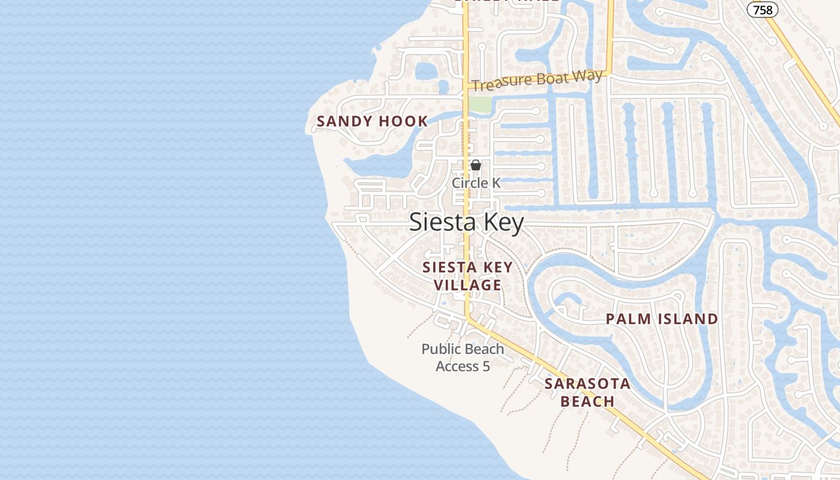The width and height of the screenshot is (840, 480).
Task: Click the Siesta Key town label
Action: coord(467,223)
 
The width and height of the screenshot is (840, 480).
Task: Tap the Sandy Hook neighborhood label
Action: coord(372,121)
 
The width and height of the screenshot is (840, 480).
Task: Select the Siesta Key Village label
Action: coord(467,276)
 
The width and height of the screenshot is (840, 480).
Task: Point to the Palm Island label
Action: coord(662,319)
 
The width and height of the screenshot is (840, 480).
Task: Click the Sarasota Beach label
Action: coord(587,392)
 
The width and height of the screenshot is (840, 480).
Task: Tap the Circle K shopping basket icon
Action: coord(476,165)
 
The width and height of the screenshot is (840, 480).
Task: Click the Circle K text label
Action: coord(476,183)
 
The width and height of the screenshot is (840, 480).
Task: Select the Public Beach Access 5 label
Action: coord(463,357)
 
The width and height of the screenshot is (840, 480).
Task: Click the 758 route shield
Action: coord(763,10)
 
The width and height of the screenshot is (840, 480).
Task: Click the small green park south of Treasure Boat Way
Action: coord(479,104)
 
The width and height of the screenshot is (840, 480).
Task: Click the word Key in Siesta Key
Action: coord(501,223)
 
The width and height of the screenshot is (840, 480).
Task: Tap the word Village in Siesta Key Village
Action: coord(467,285)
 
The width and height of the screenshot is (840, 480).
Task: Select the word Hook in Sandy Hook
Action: coord(403,121)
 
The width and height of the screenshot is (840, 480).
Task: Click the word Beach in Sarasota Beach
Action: coord(587,401)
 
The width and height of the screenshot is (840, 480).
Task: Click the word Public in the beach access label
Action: coord(441,349)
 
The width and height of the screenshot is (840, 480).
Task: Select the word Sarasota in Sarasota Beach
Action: coord(587,384)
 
